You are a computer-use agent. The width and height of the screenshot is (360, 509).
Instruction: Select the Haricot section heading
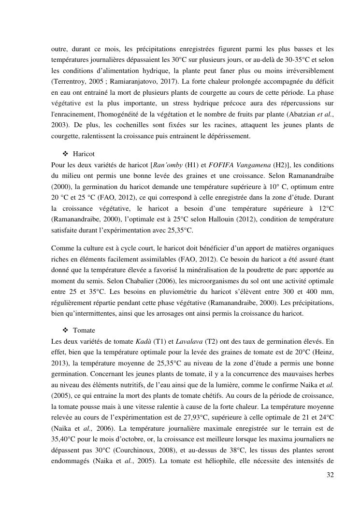[84, 154]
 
